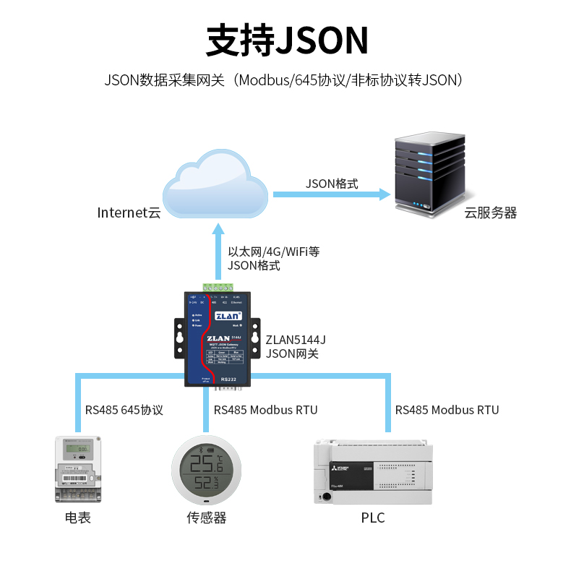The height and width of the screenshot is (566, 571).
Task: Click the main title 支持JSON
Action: coord(287,40)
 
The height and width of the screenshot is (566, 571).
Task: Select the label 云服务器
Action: coord(490,213)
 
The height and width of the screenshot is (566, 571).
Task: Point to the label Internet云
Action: coord(129,213)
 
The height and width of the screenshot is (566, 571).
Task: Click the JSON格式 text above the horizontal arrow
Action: coord(331,184)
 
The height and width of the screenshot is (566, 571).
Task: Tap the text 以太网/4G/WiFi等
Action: coord(273,252)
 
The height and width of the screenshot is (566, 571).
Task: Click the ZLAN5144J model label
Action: coord(296,339)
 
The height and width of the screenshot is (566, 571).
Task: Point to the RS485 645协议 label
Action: coord(124,410)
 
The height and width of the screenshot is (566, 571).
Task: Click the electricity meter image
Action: coord(77,469)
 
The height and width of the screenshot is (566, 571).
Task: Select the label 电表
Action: coord(77,518)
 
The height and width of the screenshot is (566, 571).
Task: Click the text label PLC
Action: coord(372,518)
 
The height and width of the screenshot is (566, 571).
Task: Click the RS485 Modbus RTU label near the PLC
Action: coord(447,410)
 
